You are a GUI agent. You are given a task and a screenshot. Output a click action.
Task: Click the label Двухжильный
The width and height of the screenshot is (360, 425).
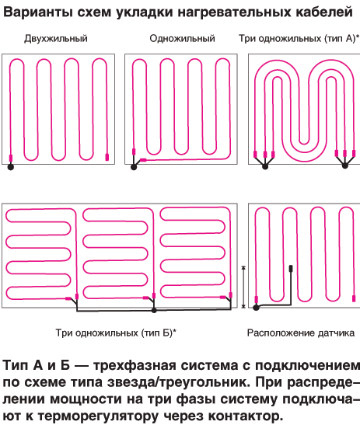56,39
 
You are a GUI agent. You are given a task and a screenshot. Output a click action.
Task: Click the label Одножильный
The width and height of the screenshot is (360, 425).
182,39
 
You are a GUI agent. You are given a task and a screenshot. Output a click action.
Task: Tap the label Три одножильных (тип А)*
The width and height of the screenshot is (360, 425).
299,39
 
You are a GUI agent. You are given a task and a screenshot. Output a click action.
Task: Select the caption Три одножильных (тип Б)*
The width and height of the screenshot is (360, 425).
116,333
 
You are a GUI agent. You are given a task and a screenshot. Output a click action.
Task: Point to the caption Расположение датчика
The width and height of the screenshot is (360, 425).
301,333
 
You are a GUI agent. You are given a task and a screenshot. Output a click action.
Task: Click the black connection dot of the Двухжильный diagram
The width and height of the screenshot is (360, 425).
11,167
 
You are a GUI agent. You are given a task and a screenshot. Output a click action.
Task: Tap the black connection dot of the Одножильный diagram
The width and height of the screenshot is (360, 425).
134,167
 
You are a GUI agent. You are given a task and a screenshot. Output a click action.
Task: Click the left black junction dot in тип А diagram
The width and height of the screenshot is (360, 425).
265,166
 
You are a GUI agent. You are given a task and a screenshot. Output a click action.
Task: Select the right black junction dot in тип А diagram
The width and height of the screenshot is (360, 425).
344,165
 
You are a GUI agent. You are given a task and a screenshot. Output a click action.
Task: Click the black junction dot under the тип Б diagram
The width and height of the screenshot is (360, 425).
154,310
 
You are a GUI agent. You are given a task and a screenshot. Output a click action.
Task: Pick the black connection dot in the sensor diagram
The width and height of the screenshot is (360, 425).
256,308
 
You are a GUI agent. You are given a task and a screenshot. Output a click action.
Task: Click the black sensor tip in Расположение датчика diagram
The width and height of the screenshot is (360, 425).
291,269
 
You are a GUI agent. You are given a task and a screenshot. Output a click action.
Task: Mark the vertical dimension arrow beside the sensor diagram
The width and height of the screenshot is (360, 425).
243,287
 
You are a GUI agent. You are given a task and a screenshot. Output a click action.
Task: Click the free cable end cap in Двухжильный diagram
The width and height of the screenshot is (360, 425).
107,157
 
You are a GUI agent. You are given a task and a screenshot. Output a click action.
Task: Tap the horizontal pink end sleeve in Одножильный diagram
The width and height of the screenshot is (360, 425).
143,160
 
